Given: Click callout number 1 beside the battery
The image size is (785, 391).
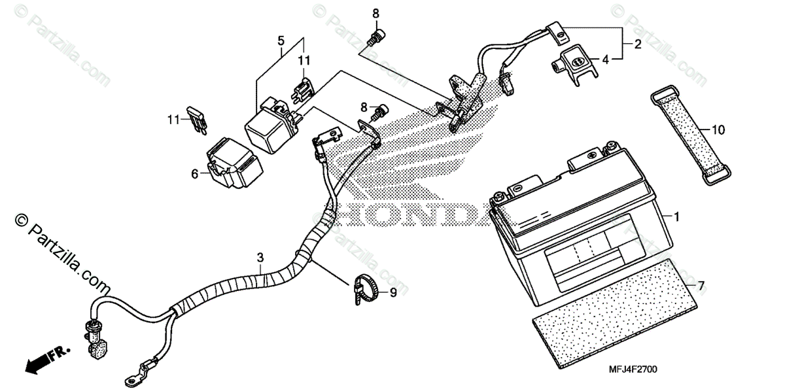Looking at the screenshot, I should tap(677, 215).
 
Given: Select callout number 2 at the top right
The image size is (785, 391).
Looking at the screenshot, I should tap(637, 44).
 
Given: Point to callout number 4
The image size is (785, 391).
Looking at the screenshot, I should tap(606, 59).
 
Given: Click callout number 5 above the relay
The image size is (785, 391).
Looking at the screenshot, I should tap(281, 41).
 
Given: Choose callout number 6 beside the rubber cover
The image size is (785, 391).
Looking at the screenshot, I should tap(195, 173).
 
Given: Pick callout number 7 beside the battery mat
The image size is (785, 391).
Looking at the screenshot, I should tap(701, 286).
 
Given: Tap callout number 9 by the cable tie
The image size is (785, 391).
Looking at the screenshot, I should tap(393, 294).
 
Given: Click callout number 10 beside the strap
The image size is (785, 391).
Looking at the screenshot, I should tap(718, 130).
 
